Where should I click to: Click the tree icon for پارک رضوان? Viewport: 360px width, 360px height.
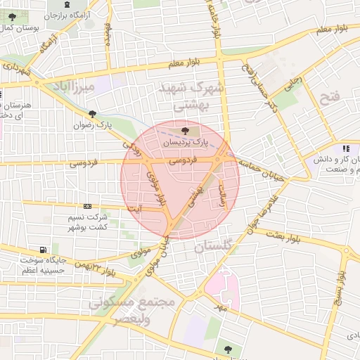click(92, 114)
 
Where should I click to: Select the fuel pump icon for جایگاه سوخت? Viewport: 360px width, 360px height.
click(45, 250)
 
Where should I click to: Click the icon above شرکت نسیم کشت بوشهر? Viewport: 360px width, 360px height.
click(87, 206)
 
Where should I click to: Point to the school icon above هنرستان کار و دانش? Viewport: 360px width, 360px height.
click(345, 148)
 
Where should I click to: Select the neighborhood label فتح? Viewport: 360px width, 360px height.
click(329, 96)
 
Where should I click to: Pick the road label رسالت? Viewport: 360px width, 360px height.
click(224, 191)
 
